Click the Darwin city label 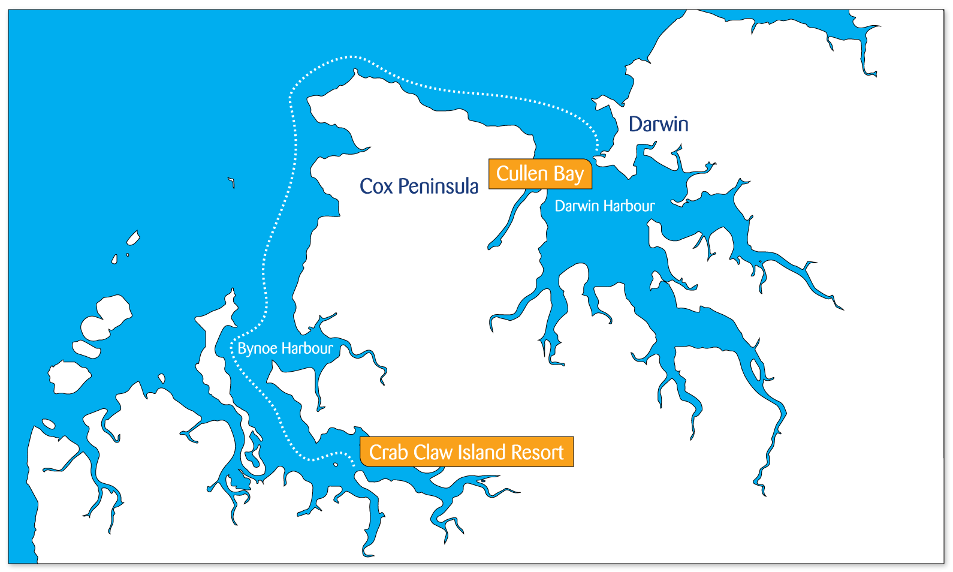tap(658, 124)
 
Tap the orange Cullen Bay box tap(540, 174)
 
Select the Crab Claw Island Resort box tap(466, 452)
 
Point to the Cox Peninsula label tap(418, 186)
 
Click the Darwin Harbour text tap(604, 206)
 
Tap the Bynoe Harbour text tap(285, 348)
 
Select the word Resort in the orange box tap(536, 452)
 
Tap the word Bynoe tap(257, 348)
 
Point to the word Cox tap(376, 186)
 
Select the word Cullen tap(522, 173)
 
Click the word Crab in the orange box tap(388, 452)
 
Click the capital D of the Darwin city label tap(635, 124)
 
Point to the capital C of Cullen tap(503, 173)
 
